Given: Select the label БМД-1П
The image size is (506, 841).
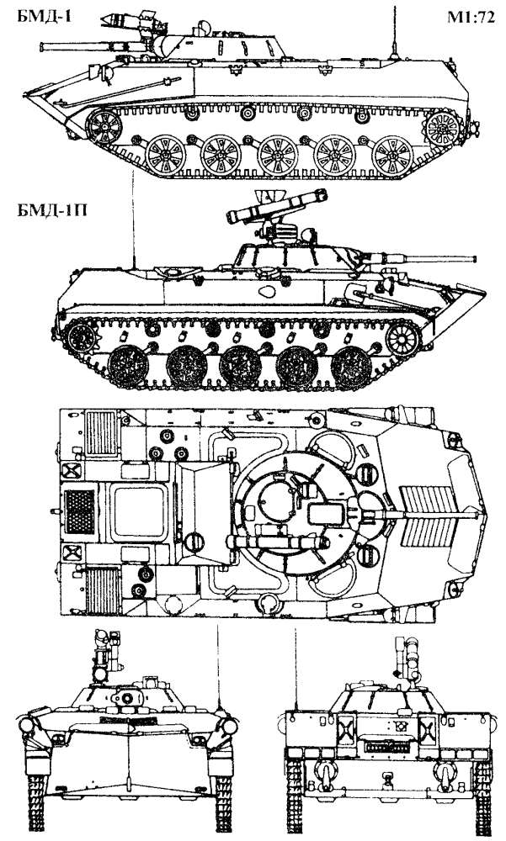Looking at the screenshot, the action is tap(52, 210).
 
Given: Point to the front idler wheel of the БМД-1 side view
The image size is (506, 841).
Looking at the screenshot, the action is tap(103, 127).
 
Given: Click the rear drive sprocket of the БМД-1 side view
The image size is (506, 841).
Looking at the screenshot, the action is tap(442, 130).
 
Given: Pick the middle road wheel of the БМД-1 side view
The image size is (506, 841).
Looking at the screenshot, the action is tap(277, 156).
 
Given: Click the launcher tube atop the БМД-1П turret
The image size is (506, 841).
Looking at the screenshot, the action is tap(277, 207).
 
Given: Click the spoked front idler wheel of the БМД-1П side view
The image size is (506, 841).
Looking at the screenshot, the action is tap(404, 340).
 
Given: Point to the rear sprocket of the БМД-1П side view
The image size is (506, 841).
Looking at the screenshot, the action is tap(83, 338).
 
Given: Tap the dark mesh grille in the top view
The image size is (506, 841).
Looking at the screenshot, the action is tap(79, 511).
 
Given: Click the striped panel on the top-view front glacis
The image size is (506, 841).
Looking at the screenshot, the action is tap(429, 515).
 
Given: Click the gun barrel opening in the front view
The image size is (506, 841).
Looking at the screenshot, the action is tap(128, 698).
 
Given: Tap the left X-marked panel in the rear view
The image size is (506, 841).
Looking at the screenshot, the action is tap(345, 727).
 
